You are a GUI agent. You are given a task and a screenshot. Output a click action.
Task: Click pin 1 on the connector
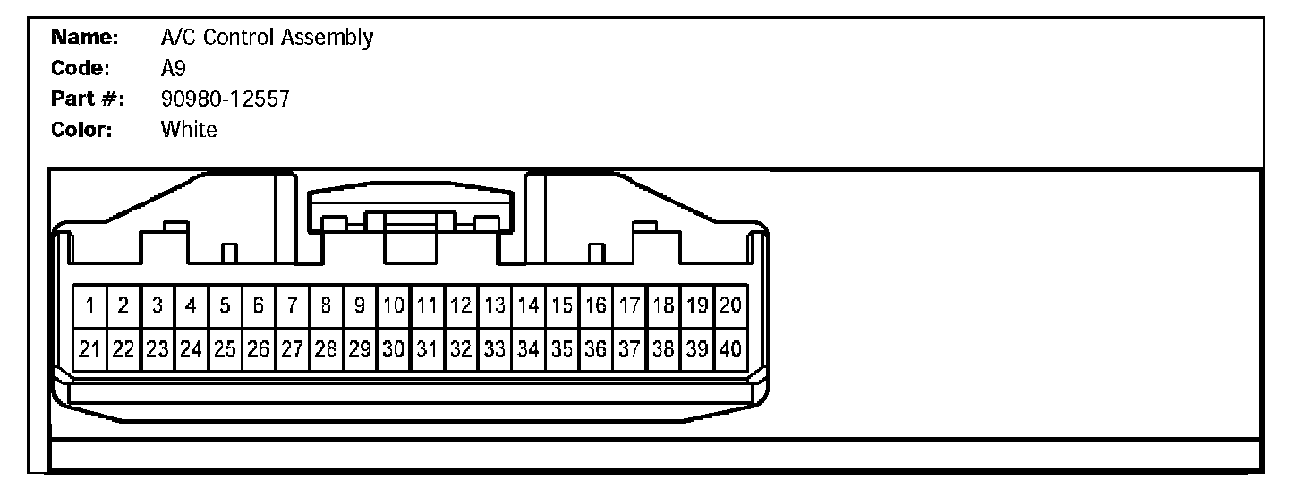click(x=89, y=306)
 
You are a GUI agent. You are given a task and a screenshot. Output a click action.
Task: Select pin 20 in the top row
click(x=730, y=306)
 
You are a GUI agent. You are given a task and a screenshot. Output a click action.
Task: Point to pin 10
click(x=393, y=306)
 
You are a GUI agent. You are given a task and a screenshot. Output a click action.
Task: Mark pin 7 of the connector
click(x=292, y=306)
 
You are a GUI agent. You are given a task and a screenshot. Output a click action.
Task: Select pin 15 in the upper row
click(x=562, y=306)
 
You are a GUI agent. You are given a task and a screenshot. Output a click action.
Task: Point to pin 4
click(x=191, y=306)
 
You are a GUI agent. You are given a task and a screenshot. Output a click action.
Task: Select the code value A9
click(x=173, y=69)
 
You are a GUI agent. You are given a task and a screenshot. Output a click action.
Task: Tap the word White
click(x=189, y=130)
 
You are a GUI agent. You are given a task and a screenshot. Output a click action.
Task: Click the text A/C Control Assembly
click(x=267, y=39)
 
